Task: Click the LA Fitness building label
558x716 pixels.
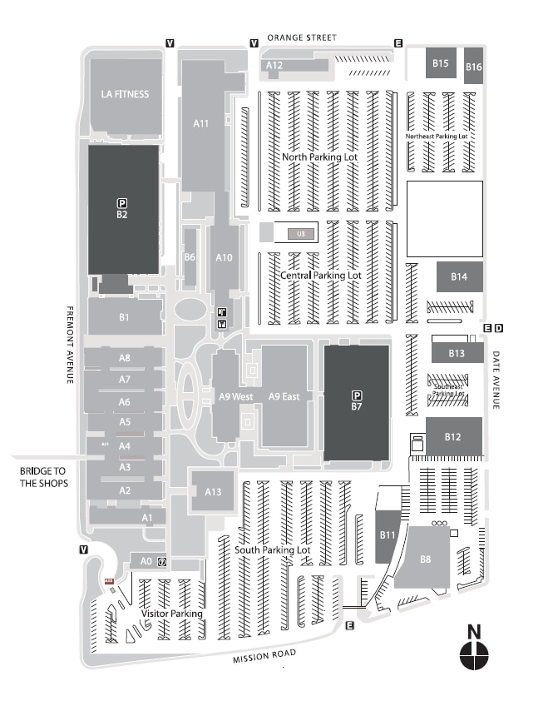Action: pyautogui.click(x=125, y=94)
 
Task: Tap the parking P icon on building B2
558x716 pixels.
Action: pyautogui.click(x=121, y=202)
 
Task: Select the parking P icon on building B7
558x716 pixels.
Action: pyautogui.click(x=357, y=395)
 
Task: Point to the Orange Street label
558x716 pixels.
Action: pyautogui.click(x=302, y=37)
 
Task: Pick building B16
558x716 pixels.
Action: pyautogui.click(x=474, y=67)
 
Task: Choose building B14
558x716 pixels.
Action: pyautogui.click(x=459, y=276)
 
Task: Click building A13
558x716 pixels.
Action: pyautogui.click(x=213, y=492)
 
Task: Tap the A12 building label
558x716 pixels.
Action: pyautogui.click(x=274, y=64)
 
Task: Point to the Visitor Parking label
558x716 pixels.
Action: pyautogui.click(x=172, y=614)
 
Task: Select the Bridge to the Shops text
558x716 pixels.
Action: pyautogui.click(x=43, y=477)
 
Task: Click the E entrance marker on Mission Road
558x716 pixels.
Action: pyautogui.click(x=349, y=626)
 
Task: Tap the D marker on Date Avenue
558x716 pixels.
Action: pyautogui.click(x=498, y=329)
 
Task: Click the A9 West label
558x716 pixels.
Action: pyautogui.click(x=235, y=397)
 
